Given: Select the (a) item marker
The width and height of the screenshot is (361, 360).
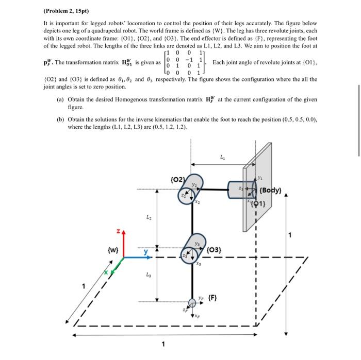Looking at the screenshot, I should pos(60,99).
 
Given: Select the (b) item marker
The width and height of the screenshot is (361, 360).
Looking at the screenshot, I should pos(60,119).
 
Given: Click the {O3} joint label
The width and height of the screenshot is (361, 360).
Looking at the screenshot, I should pos(214,250).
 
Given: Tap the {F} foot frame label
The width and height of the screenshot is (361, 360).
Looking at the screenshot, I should pos(211,297).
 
